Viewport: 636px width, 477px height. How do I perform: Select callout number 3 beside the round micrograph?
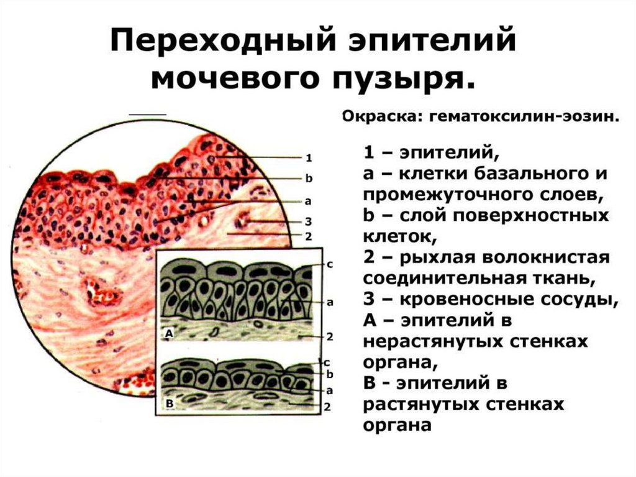pos(308,221)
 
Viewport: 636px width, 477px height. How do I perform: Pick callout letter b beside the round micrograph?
pos(309,178)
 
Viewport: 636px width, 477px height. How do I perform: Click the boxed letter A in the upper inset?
pos(168,334)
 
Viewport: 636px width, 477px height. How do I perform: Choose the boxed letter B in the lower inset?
pos(168,403)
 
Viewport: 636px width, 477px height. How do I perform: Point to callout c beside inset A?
pos(330,264)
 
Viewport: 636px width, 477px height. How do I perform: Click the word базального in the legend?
pos(522,174)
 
